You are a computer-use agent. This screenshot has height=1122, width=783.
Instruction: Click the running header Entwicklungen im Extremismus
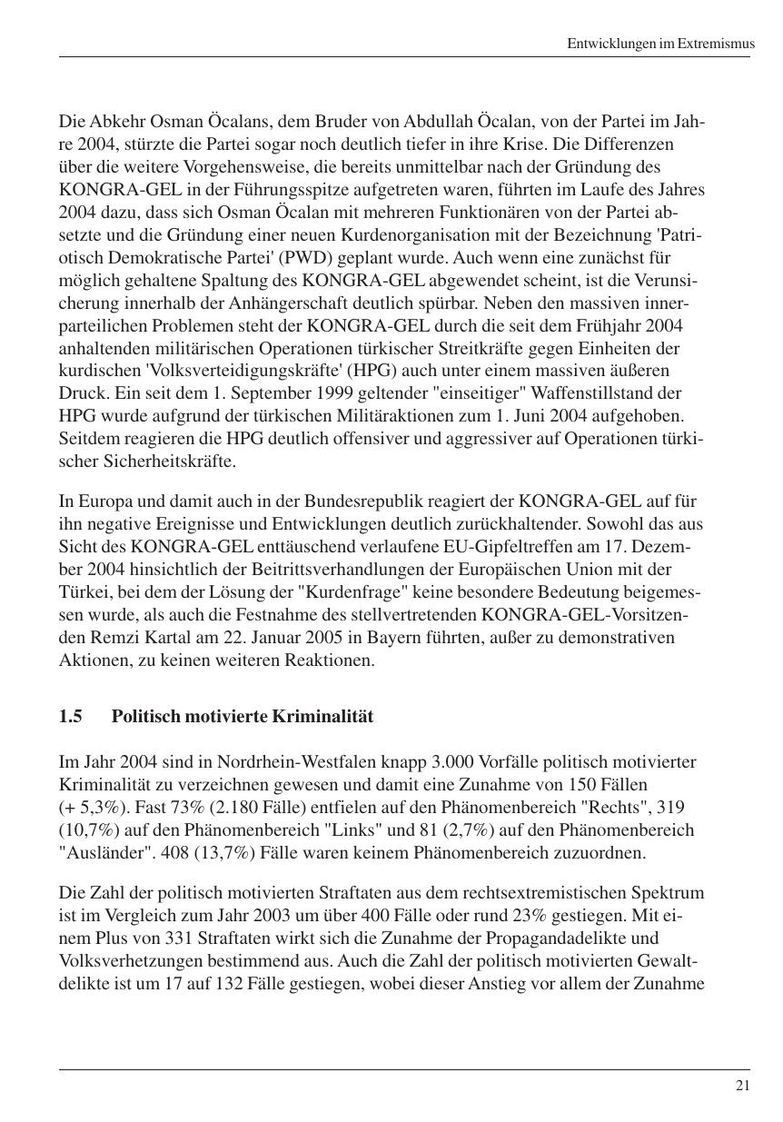pyautogui.click(x=659, y=43)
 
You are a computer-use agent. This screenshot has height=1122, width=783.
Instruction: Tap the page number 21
pyautogui.click(x=742, y=1086)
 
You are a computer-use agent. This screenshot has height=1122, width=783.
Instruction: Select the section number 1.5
pyautogui.click(x=70, y=717)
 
